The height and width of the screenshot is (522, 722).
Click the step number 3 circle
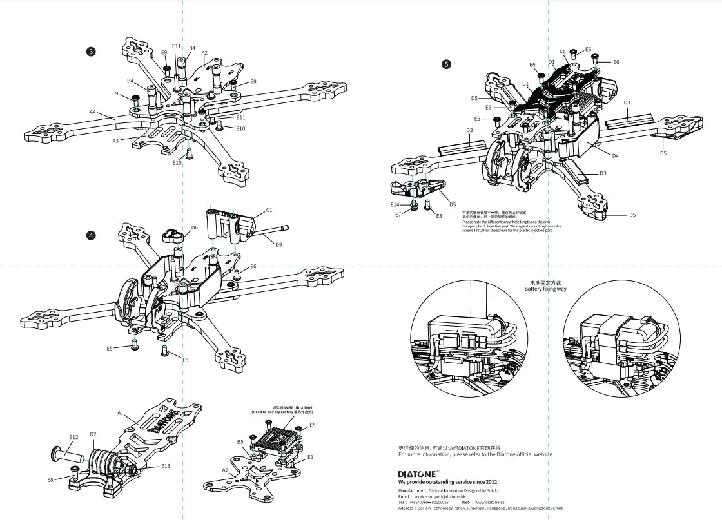tap(91, 51)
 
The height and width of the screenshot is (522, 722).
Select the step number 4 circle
tap(91, 235)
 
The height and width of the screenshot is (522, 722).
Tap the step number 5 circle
tap(446, 64)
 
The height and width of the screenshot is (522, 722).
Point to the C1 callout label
tap(269, 210)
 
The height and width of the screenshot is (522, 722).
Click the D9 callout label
tap(278, 244)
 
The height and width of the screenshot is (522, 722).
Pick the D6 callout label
tap(194, 227)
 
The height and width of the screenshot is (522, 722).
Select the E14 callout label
tap(395, 204)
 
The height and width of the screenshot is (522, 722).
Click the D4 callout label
tap(615, 155)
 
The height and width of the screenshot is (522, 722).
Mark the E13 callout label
tap(166, 465)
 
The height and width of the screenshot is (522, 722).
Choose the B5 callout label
tap(240, 442)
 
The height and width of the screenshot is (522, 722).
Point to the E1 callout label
tap(310, 457)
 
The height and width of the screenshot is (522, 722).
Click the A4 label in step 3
tap(92, 112)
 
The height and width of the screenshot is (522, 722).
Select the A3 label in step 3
tap(115, 140)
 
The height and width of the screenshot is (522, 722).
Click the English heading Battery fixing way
tap(545, 289)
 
